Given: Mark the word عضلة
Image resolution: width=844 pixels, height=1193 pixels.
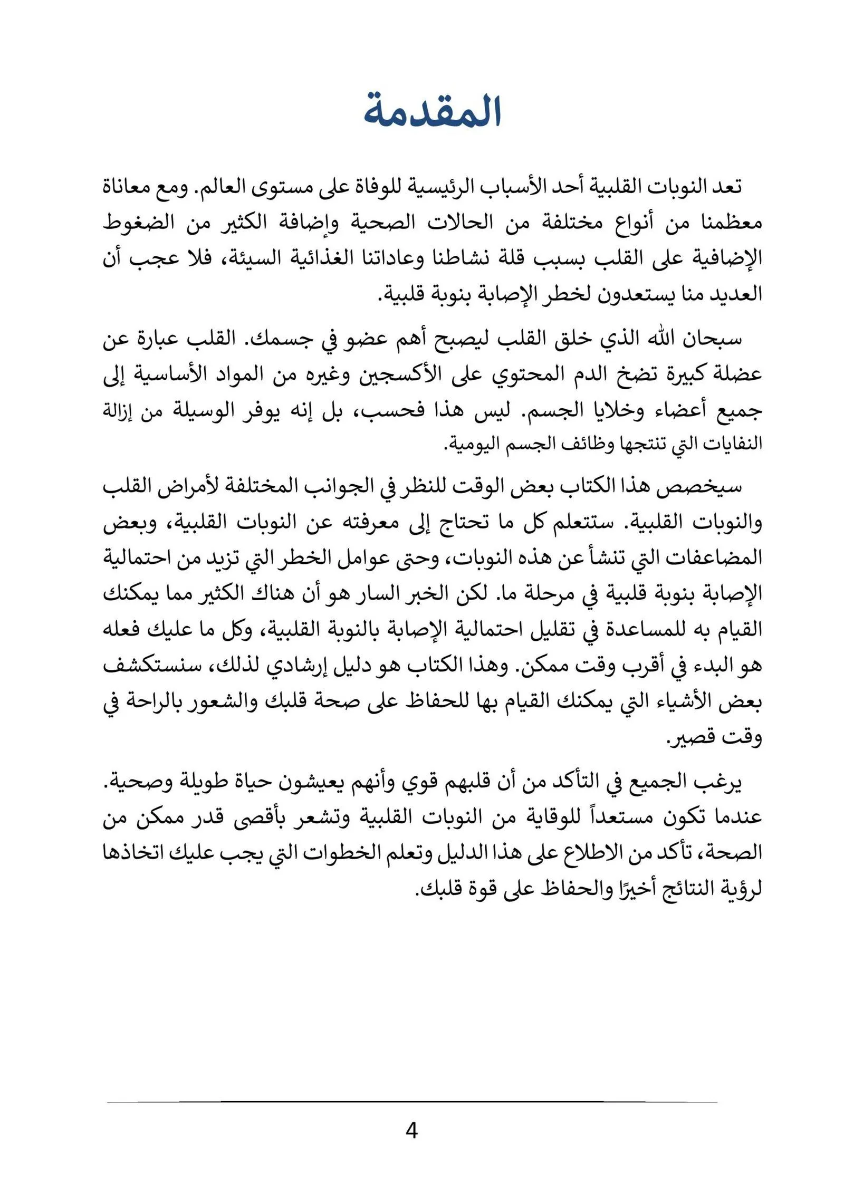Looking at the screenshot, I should coord(738,375).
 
